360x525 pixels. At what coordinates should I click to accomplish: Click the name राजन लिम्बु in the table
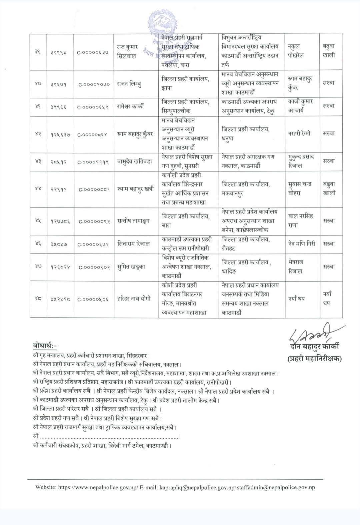tap(132, 84)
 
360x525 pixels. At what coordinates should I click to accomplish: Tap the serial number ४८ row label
tap(38, 299)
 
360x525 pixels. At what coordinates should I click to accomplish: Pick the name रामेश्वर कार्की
tap(135, 107)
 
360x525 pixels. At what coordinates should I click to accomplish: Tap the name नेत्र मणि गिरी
tap(301, 243)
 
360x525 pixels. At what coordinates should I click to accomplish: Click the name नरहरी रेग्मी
tap(299, 134)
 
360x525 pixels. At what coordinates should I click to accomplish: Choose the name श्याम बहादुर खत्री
tap(136, 189)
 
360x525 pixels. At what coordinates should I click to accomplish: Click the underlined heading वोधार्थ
tap(45, 345)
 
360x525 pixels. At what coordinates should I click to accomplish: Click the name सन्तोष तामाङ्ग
tap(134, 220)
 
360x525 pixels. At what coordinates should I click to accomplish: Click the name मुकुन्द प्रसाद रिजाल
tap(301, 161)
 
